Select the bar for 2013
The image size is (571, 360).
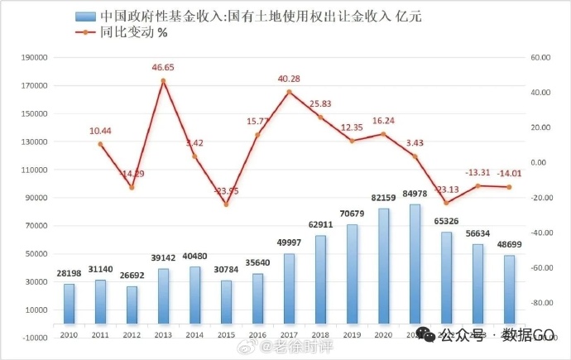click(163, 295)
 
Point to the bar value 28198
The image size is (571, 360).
click(69, 274)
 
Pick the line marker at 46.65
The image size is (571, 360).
click(163, 80)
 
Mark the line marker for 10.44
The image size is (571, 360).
click(100, 144)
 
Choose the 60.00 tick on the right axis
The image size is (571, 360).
click(540, 58)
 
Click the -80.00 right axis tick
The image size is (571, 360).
click(540, 303)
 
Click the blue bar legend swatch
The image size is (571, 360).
click(84, 16)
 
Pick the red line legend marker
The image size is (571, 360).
click(84, 32)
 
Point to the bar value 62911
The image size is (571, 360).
click(320, 224)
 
